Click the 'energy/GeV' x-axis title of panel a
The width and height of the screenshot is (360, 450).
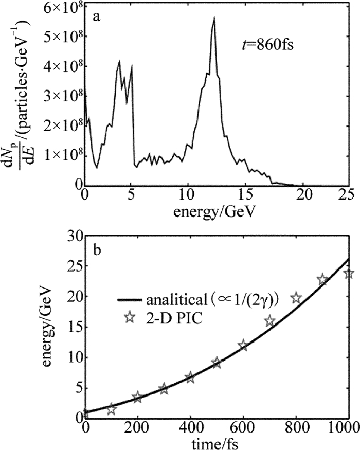click(x=215, y=211)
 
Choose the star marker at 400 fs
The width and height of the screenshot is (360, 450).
click(x=191, y=377)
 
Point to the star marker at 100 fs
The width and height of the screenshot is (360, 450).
click(x=112, y=409)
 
